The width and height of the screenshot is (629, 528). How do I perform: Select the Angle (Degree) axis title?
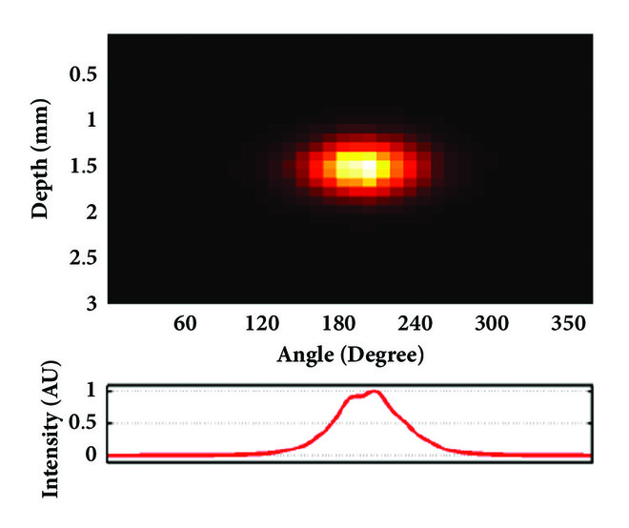point(350,355)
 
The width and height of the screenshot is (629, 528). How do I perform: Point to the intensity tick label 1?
point(91,391)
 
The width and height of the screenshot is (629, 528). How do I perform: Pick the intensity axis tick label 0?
point(91,454)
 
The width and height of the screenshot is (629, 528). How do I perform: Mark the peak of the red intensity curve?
point(375,391)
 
